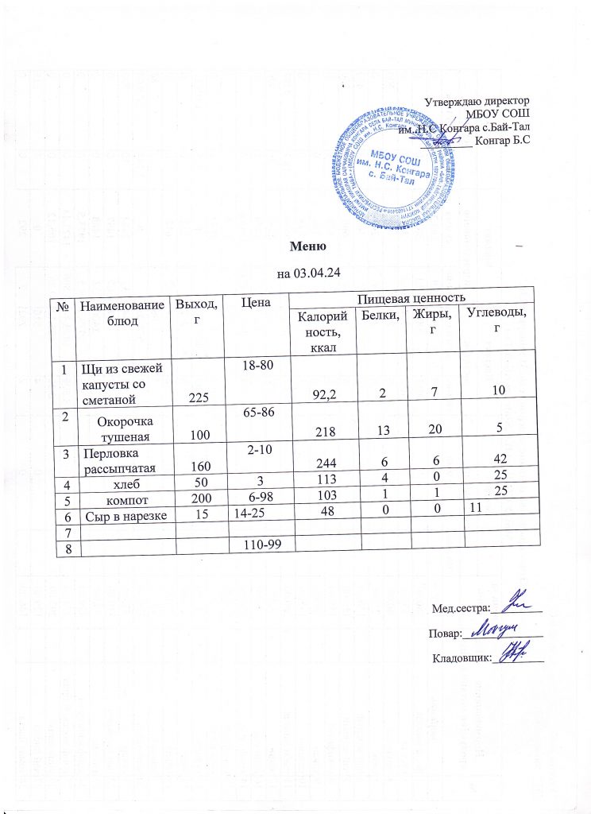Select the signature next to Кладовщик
pos(518,653)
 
